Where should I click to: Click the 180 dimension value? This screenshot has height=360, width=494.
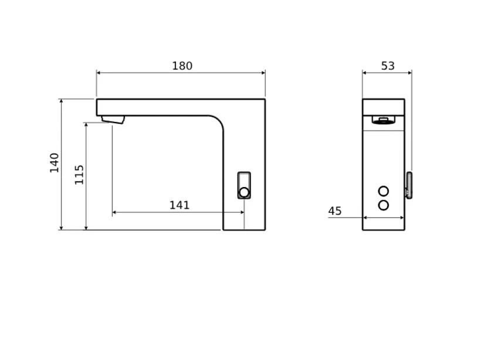pyautogui.click(x=182, y=66)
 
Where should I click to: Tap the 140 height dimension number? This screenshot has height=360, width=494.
pyautogui.click(x=54, y=162)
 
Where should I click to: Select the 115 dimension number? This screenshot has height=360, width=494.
pyautogui.click(x=79, y=175)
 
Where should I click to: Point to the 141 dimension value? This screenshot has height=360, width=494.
pyautogui.click(x=180, y=205)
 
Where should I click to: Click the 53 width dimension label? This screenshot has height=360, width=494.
pyautogui.click(x=388, y=66)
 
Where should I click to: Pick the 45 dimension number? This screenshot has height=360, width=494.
pyautogui.click(x=335, y=210)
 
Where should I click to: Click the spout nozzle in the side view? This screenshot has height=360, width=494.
pyautogui.click(x=113, y=120)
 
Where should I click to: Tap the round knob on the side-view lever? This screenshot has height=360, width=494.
pyautogui.click(x=244, y=192)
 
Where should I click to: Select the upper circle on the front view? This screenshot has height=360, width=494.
pyautogui.click(x=384, y=191)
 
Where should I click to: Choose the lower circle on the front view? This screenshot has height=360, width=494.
pyautogui.click(x=384, y=205)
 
